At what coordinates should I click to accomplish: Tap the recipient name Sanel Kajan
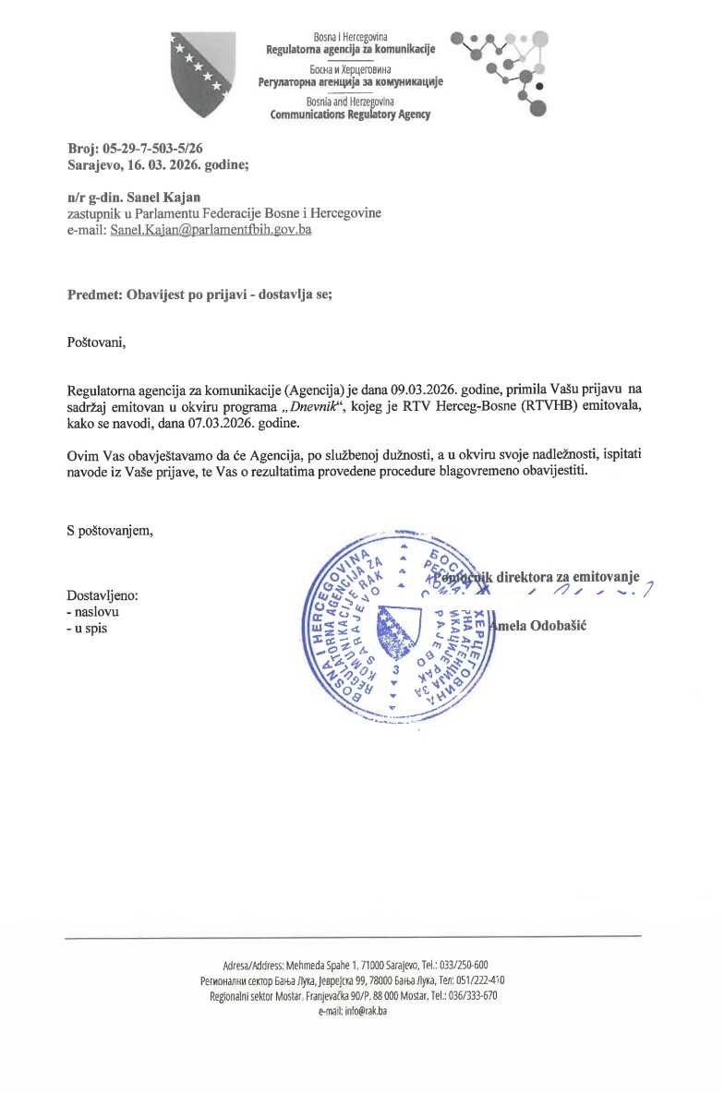169,197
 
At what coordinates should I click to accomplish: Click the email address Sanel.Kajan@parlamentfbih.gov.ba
210,230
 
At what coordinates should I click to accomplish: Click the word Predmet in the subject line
95,295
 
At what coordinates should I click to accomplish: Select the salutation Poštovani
95,343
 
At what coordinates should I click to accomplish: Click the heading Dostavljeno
103,595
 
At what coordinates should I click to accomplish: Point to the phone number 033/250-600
466,965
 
